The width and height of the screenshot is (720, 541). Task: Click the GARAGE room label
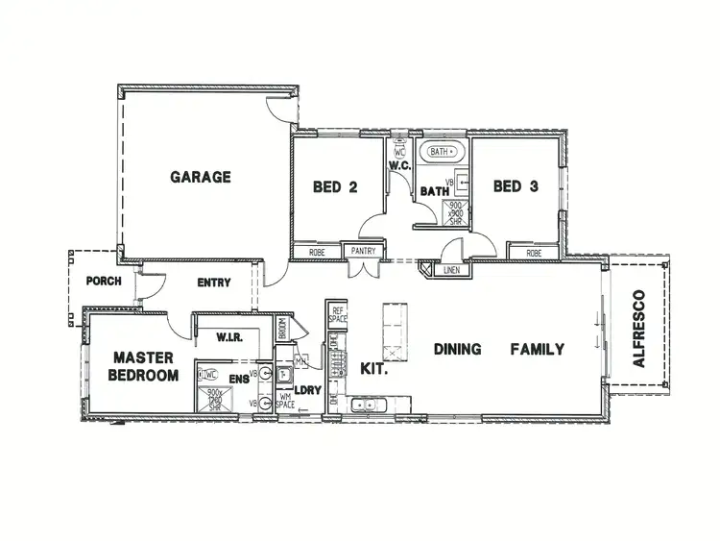coord(201,177)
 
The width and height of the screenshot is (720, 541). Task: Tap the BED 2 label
coord(335,187)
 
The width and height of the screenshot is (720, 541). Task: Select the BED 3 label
coord(515,186)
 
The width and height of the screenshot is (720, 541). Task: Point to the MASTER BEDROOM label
coord(143,366)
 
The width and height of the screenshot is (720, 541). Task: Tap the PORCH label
coord(103,282)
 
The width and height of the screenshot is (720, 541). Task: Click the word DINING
coord(457,349)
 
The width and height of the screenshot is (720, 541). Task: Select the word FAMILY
coord(537,349)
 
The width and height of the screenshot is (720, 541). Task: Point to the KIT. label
coord(372,368)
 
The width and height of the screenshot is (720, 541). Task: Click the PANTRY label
coord(363,252)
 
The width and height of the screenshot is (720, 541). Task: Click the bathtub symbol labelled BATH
coord(444,152)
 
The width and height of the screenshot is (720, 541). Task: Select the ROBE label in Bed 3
coord(534,253)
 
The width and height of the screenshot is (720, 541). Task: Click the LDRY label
coord(307,390)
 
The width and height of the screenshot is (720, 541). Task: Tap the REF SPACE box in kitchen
coord(337,313)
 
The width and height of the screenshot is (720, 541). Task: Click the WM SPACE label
coord(285,401)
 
